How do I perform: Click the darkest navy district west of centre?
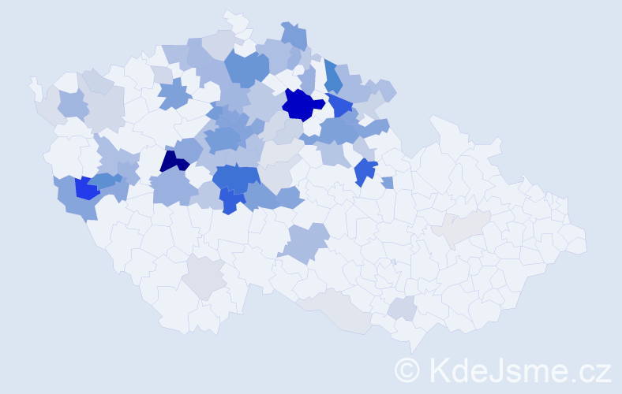(172, 162)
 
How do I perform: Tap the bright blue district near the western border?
(87, 188)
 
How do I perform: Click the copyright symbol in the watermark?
(408, 370)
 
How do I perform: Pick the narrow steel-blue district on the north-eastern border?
(333, 76)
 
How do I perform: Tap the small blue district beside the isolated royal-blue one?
(387, 183)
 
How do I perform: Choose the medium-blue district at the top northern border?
(293, 35)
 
